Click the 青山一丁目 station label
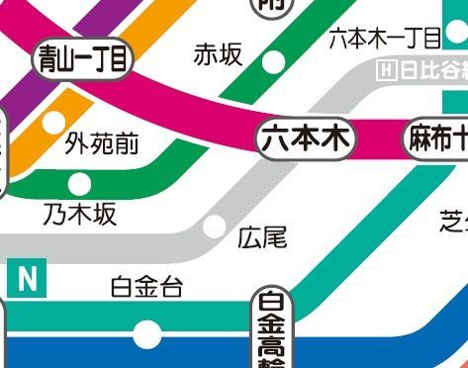tap(82, 60)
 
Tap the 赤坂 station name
tap(218, 54)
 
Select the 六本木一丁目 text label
tap(384, 40)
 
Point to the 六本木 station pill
tap(306, 140)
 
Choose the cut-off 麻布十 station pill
tap(436, 140)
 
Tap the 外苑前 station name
tap(102, 146)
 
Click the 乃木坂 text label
tap(79, 214)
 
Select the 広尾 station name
tap(262, 237)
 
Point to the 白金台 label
tap(146, 288)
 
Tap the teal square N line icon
tap(28, 279)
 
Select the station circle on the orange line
tap(52, 124)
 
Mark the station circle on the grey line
tap(213, 226)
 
